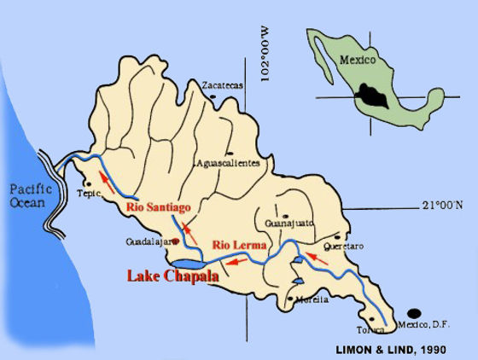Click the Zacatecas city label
tap(223, 85)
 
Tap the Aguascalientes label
tap(227, 163)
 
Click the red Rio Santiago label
tap(158, 206)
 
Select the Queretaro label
tap(345, 247)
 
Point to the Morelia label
tap(306, 299)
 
